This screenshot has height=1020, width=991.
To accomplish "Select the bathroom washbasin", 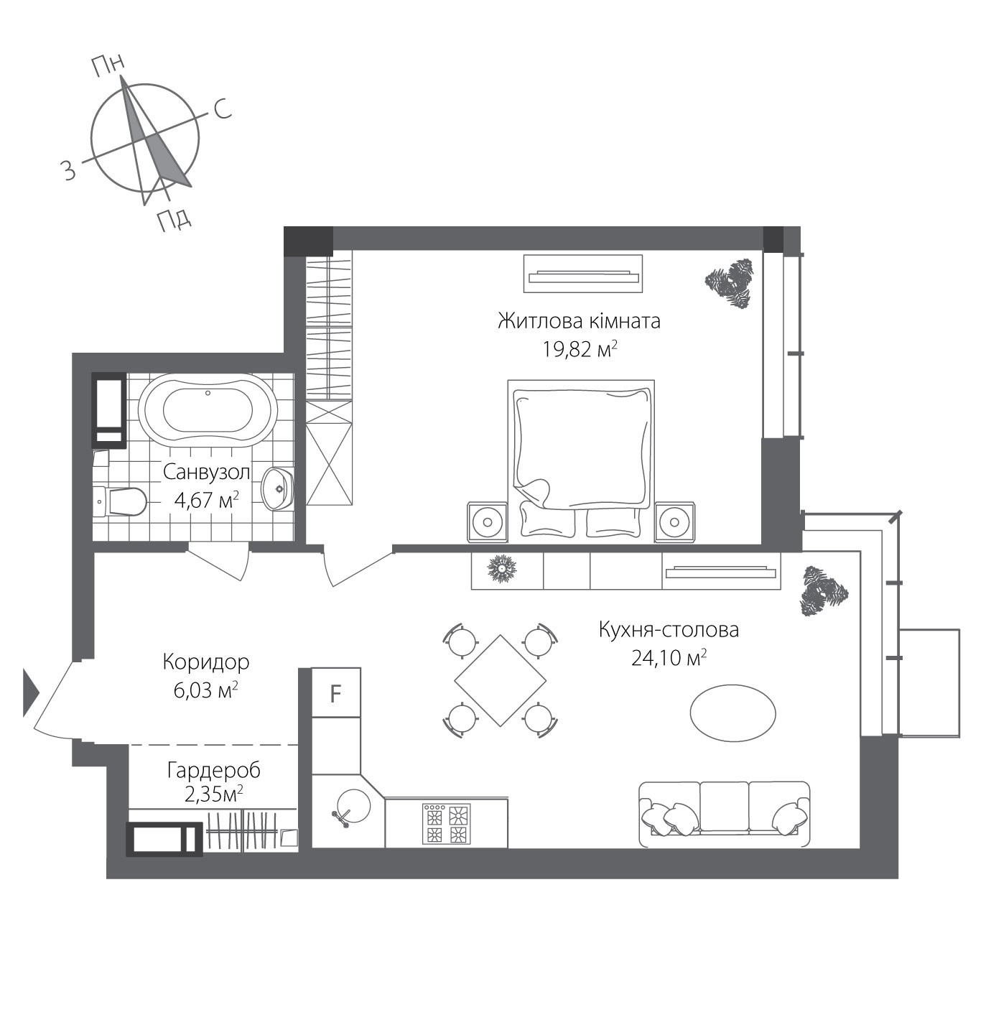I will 277,489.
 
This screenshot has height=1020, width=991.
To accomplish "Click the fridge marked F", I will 335,693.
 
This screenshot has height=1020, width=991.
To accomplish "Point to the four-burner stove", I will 447,824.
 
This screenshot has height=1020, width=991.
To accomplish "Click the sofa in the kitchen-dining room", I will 724,815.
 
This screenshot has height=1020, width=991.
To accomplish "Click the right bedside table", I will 674,521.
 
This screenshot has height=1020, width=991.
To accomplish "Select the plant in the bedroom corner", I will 730,283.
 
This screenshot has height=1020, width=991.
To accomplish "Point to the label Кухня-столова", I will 669,630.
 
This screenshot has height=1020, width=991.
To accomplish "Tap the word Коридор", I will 205,661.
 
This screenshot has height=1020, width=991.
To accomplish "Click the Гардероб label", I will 213,771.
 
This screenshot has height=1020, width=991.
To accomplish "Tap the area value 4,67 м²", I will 206,500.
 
